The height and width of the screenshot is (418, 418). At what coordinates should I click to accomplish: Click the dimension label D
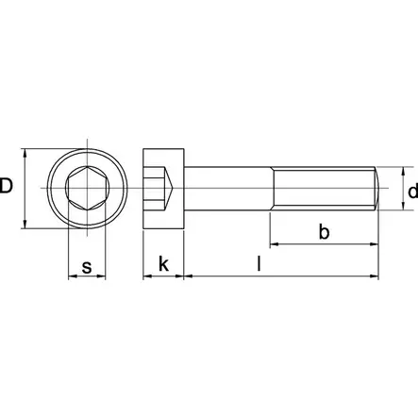8,186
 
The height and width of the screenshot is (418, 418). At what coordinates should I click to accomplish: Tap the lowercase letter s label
87,267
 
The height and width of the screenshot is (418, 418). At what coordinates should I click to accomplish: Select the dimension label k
163,267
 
